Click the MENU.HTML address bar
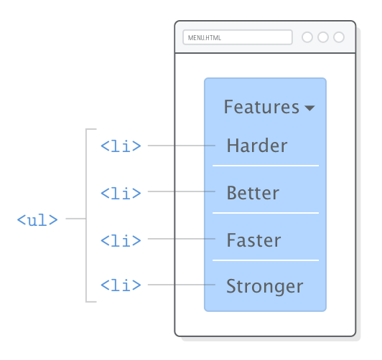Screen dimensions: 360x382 pos(237,37)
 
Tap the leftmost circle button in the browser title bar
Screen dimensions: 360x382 pos(307,37)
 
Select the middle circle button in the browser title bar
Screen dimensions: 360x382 pos(323,37)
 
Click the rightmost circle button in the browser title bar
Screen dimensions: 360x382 pos(339,37)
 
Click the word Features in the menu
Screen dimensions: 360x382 pos(261,108)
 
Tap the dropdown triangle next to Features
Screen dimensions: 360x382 pos(309,109)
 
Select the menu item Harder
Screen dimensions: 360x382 pos(256,146)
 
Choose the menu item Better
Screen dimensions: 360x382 pos(253,193)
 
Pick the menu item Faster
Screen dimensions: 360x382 pos(253,240)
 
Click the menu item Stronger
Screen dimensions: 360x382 pos(264,287)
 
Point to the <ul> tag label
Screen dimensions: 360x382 pos(37,219)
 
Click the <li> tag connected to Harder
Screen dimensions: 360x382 pos(121,146)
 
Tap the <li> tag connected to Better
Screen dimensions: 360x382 pos(121,193)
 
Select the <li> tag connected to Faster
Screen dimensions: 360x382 pos(121,240)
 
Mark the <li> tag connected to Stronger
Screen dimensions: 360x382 pos(121,285)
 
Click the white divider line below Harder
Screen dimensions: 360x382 pos(265,166)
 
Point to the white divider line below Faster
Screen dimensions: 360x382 pos(265,260)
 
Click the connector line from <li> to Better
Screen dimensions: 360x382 pos(180,192)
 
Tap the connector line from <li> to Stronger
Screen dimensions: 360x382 pos(180,285)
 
